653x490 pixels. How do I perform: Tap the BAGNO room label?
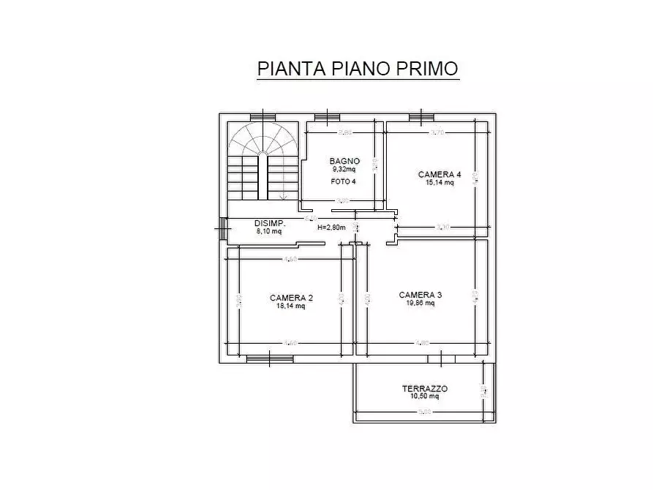(344, 161)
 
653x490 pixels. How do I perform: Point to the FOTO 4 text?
(344, 181)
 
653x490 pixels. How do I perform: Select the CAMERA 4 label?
(439, 174)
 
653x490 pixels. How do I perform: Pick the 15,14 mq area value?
(439, 183)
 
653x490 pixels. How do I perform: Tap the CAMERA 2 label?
(291, 298)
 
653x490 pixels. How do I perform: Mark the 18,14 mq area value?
(291, 306)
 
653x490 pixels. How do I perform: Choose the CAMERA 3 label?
(420, 295)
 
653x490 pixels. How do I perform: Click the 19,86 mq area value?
(420, 303)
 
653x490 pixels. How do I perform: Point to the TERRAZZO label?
(425, 389)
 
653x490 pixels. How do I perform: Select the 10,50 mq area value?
(425, 397)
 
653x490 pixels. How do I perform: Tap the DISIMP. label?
(269, 223)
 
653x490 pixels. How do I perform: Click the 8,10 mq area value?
(269, 231)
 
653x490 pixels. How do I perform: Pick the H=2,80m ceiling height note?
(331, 227)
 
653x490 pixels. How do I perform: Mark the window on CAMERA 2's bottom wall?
(270, 358)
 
